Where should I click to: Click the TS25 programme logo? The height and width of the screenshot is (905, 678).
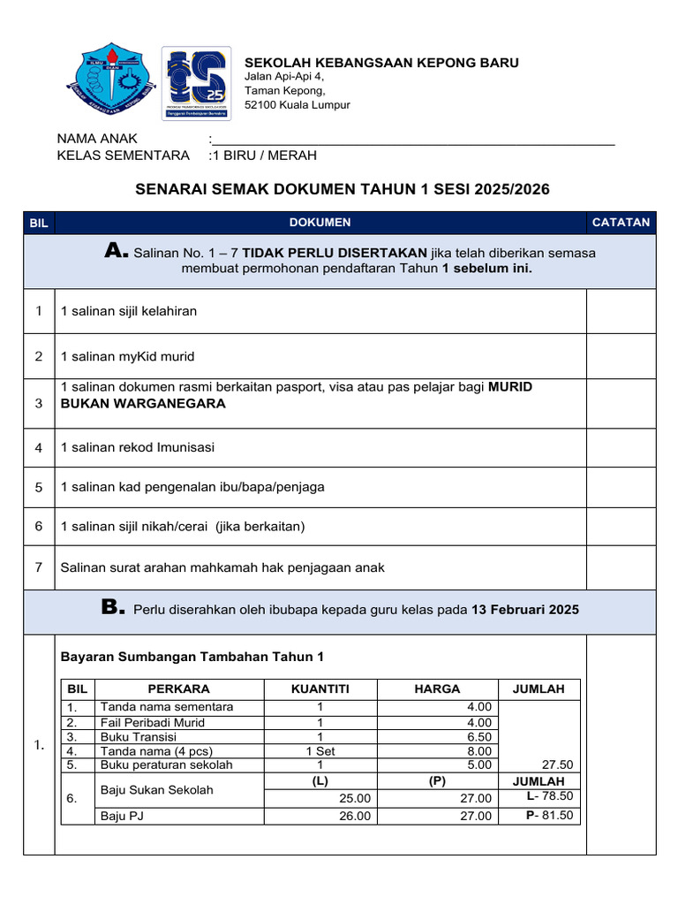pos(196,83)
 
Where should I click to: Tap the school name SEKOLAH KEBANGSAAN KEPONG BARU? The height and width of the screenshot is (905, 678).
pos(381,62)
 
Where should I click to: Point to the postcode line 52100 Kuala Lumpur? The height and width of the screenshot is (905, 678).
pos(297,104)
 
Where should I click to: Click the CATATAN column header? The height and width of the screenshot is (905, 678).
pos(621,223)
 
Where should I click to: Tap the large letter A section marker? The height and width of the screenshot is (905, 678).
pos(117,253)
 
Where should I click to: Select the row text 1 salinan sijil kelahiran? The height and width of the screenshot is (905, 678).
pos(129,311)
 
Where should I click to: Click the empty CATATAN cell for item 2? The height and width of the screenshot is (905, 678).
pos(621,356)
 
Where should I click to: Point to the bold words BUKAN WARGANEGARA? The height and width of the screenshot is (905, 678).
pos(143,404)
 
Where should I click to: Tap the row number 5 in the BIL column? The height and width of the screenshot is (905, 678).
pos(39,487)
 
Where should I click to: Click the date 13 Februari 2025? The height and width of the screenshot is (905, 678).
pos(525,611)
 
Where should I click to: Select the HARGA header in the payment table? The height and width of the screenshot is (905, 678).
pos(437,689)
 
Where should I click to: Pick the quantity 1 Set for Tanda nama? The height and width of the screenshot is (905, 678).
pos(320,750)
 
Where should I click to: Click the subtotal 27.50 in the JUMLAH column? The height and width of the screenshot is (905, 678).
pos(557,764)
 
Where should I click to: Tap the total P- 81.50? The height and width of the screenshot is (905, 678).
pos(550,815)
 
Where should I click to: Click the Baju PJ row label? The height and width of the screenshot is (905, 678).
pos(122,816)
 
